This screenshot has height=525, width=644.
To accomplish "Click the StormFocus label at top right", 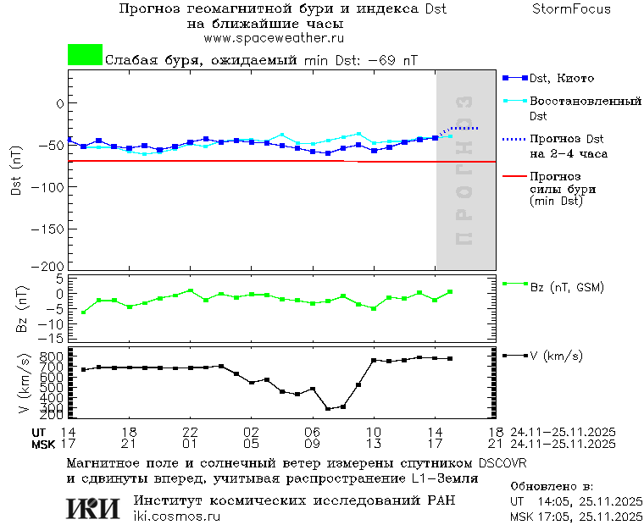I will (x=572, y=9).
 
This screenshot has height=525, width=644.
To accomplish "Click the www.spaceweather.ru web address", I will (x=274, y=38).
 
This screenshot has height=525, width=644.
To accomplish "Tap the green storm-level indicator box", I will (x=85, y=55).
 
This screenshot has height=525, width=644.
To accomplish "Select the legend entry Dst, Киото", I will (x=560, y=78).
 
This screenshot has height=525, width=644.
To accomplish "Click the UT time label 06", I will (x=312, y=432).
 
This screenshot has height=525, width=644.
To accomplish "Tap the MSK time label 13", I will (x=373, y=443).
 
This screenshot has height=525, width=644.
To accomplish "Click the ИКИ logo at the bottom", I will (x=92, y=508).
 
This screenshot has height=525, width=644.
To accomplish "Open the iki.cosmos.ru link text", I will (x=176, y=517).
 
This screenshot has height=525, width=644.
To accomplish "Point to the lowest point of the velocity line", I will (x=328, y=409).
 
